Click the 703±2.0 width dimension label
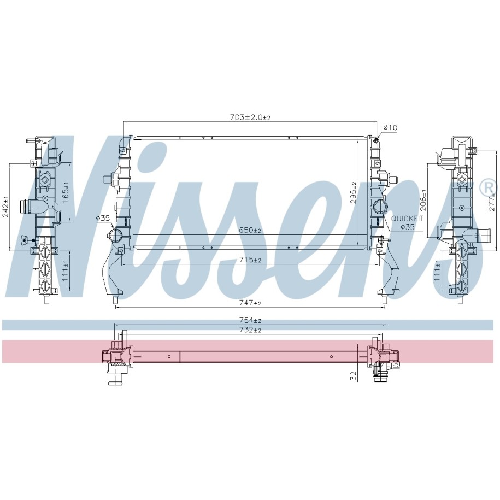250,117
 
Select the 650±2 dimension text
250,230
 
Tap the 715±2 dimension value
250,260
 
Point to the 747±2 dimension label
250,302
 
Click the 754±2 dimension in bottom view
250,320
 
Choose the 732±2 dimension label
250,330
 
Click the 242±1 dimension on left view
5,207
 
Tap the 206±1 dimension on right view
423,200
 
